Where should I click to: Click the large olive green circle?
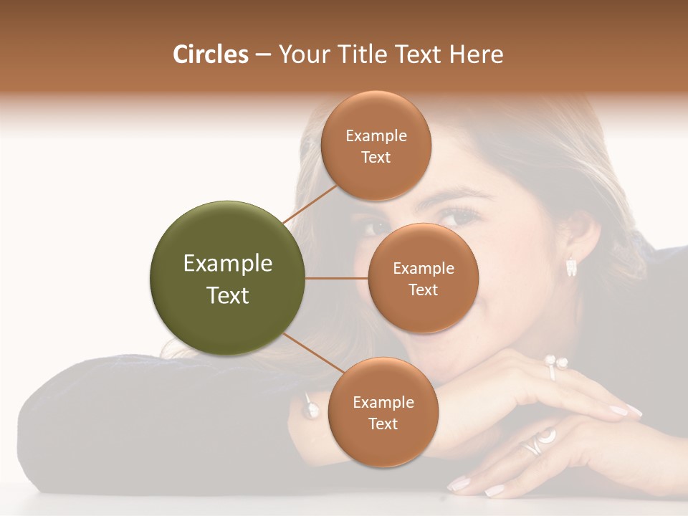coord(228,278)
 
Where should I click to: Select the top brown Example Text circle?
coord(376,145)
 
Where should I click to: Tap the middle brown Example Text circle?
coord(423,278)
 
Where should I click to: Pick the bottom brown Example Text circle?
coord(383,412)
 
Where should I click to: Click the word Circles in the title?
coord(210,54)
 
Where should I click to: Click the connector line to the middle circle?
coord(337,278)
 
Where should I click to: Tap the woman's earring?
coord(571,267)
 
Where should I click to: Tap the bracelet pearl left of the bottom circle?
coord(311,410)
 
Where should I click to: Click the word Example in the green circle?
coord(228,264)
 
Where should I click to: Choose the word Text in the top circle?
coord(376,157)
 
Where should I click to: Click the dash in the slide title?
coord(263,54)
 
